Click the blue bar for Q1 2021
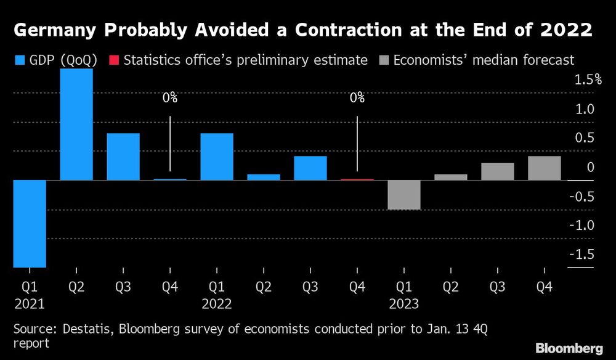coord(30,223)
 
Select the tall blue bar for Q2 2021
coord(76,124)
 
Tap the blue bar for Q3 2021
coord(123,157)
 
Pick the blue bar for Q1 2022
coord(217,157)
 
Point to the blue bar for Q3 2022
coord(310,168)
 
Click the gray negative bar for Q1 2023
coord(404,195)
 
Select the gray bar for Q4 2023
coord(545,168)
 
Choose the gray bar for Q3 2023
coord(498,171)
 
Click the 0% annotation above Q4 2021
coord(170,98)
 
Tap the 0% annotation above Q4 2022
coord(357,98)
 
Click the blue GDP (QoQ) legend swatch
coord(18,60)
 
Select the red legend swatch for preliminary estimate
coord(113,60)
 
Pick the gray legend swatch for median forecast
coord(384,60)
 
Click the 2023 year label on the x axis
coord(404,304)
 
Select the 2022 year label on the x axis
coord(217,304)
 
